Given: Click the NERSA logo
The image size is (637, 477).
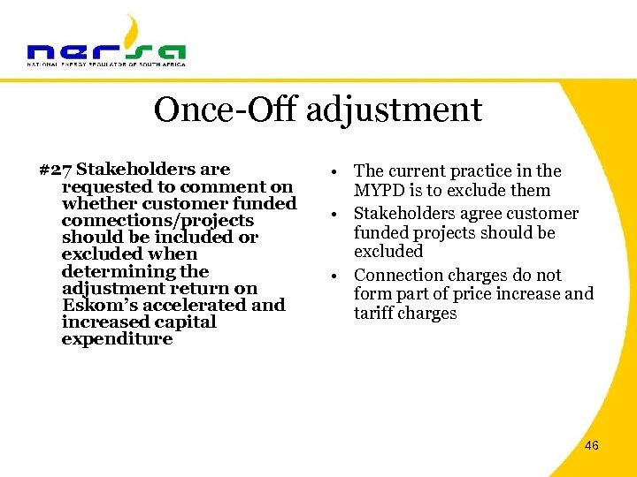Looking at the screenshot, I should (x=106, y=44).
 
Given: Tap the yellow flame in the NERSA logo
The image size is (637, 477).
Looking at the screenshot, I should (x=132, y=30).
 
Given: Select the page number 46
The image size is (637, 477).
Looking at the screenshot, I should (x=592, y=445).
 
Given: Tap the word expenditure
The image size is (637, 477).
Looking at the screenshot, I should (x=117, y=339).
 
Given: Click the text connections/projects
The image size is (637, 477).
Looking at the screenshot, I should (x=157, y=221).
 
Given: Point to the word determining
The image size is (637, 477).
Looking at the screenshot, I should (x=135, y=272).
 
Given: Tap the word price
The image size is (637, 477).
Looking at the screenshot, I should (x=490, y=294).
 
